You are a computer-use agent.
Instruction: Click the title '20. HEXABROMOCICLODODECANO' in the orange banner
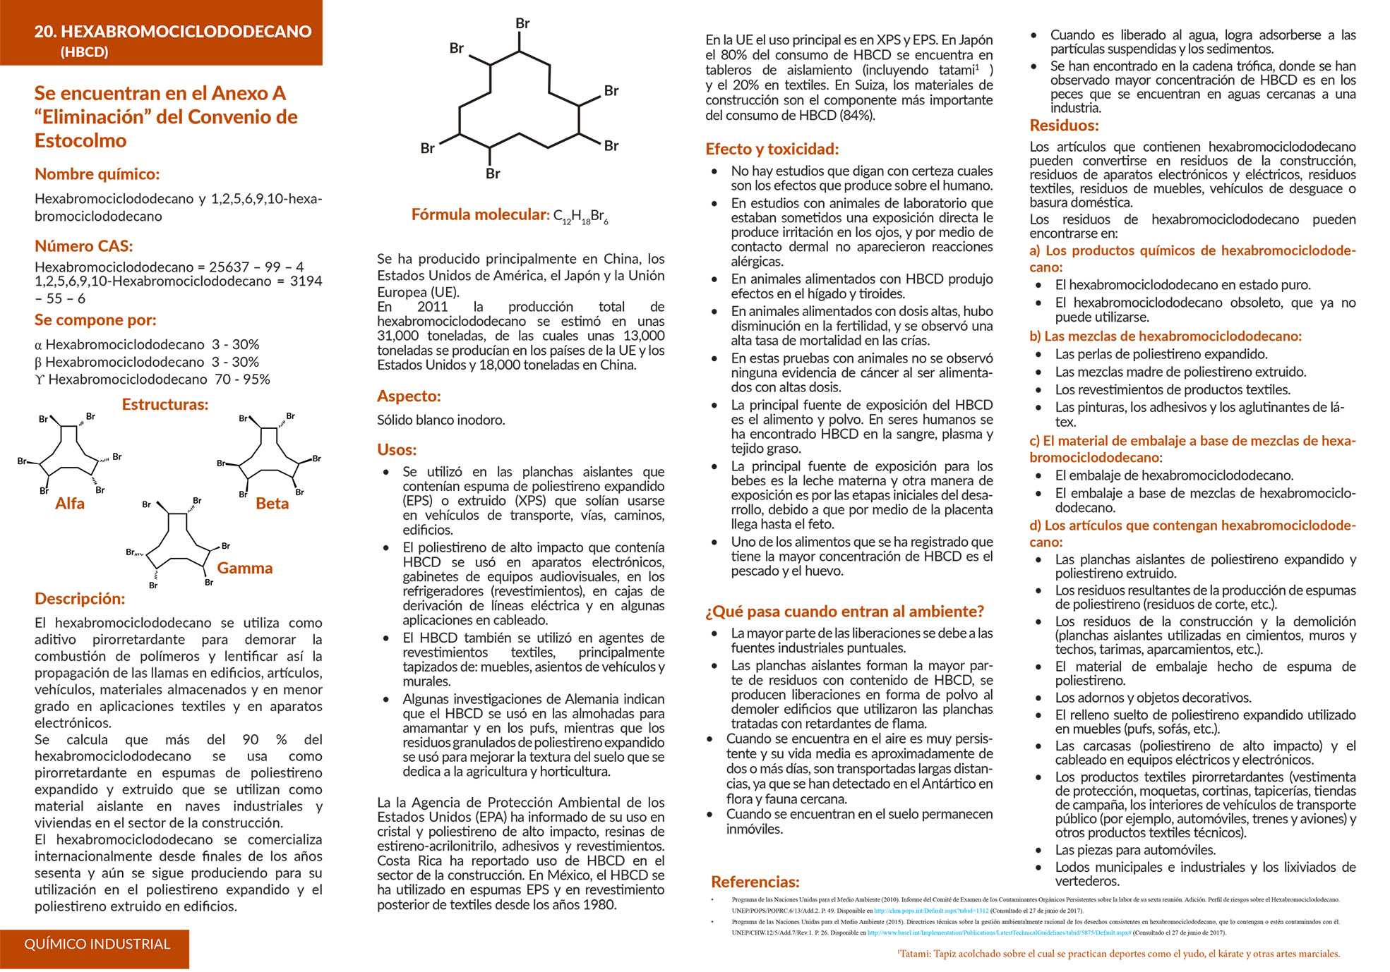click(172, 31)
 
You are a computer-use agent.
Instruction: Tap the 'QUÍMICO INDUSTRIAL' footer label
click(97, 944)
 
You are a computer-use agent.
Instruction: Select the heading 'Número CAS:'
click(83, 246)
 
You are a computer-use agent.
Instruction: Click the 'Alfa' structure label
click(70, 504)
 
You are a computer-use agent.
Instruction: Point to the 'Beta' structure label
click(272, 504)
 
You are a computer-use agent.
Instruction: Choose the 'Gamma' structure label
click(244, 569)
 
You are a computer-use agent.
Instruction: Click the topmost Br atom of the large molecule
click(522, 23)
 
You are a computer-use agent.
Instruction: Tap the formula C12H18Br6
click(580, 217)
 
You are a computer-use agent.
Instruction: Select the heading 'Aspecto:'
click(408, 396)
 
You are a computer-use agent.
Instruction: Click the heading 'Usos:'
click(397, 450)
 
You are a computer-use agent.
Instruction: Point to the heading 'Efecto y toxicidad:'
click(772, 149)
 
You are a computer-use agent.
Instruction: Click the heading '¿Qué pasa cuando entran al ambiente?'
click(844, 612)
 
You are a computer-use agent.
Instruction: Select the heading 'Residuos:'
click(1064, 126)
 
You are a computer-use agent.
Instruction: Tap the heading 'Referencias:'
click(755, 882)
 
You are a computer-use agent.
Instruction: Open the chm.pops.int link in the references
click(930, 911)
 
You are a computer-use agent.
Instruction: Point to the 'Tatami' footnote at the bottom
click(1118, 954)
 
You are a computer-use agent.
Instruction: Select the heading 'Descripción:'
click(80, 599)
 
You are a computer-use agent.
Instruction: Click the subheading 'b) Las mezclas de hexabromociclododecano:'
click(1165, 336)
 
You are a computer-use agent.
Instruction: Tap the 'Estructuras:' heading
click(165, 405)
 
